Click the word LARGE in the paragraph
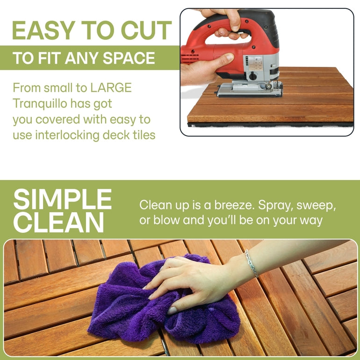click(x=111, y=87)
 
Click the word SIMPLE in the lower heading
click(x=62, y=200)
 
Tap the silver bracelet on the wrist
click(x=251, y=263)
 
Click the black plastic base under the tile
click(x=266, y=125)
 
